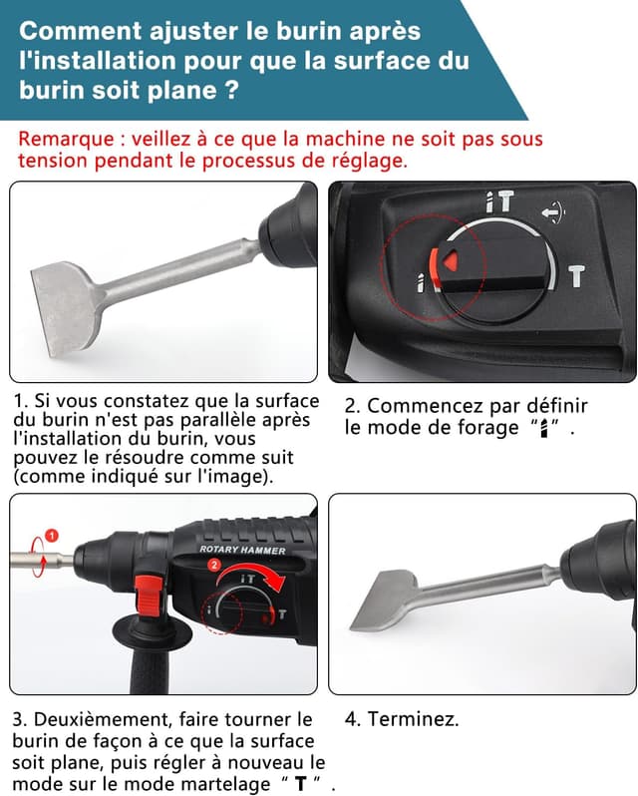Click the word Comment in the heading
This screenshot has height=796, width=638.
point(72,32)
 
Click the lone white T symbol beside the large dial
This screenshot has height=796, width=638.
point(576,275)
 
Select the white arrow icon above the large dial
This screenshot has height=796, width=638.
point(551,211)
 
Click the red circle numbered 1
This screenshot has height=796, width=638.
point(53,536)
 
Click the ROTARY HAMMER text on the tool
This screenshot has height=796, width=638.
point(242,550)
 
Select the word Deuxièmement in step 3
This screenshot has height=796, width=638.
point(93,719)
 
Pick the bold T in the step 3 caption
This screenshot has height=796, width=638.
point(300,784)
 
